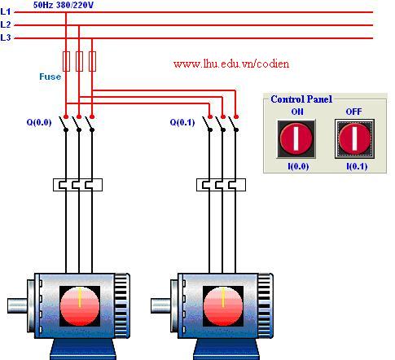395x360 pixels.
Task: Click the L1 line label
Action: click(6, 11)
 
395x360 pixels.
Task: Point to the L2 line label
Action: click(6, 24)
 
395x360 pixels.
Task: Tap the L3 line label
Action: click(6, 37)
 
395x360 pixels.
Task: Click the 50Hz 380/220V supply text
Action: click(64, 5)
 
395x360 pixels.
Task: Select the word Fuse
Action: click(50, 77)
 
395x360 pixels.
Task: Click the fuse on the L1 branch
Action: click(66, 61)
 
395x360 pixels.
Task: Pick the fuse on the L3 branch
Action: click(92, 61)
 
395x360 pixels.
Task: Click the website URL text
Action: click(231, 64)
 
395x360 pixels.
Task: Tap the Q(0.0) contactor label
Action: click(39, 122)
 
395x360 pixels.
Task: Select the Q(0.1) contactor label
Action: click(182, 122)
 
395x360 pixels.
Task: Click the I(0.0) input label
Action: click(298, 166)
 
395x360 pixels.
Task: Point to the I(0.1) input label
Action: click(357, 166)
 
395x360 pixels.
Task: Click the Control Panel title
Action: click(301, 99)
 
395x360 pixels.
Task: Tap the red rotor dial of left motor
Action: click(80, 306)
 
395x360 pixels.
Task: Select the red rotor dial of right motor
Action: click(223, 306)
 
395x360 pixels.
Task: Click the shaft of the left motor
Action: click(17, 305)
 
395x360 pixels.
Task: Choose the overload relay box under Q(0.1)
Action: click(221, 185)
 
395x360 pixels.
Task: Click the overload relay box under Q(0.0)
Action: click(77, 185)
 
